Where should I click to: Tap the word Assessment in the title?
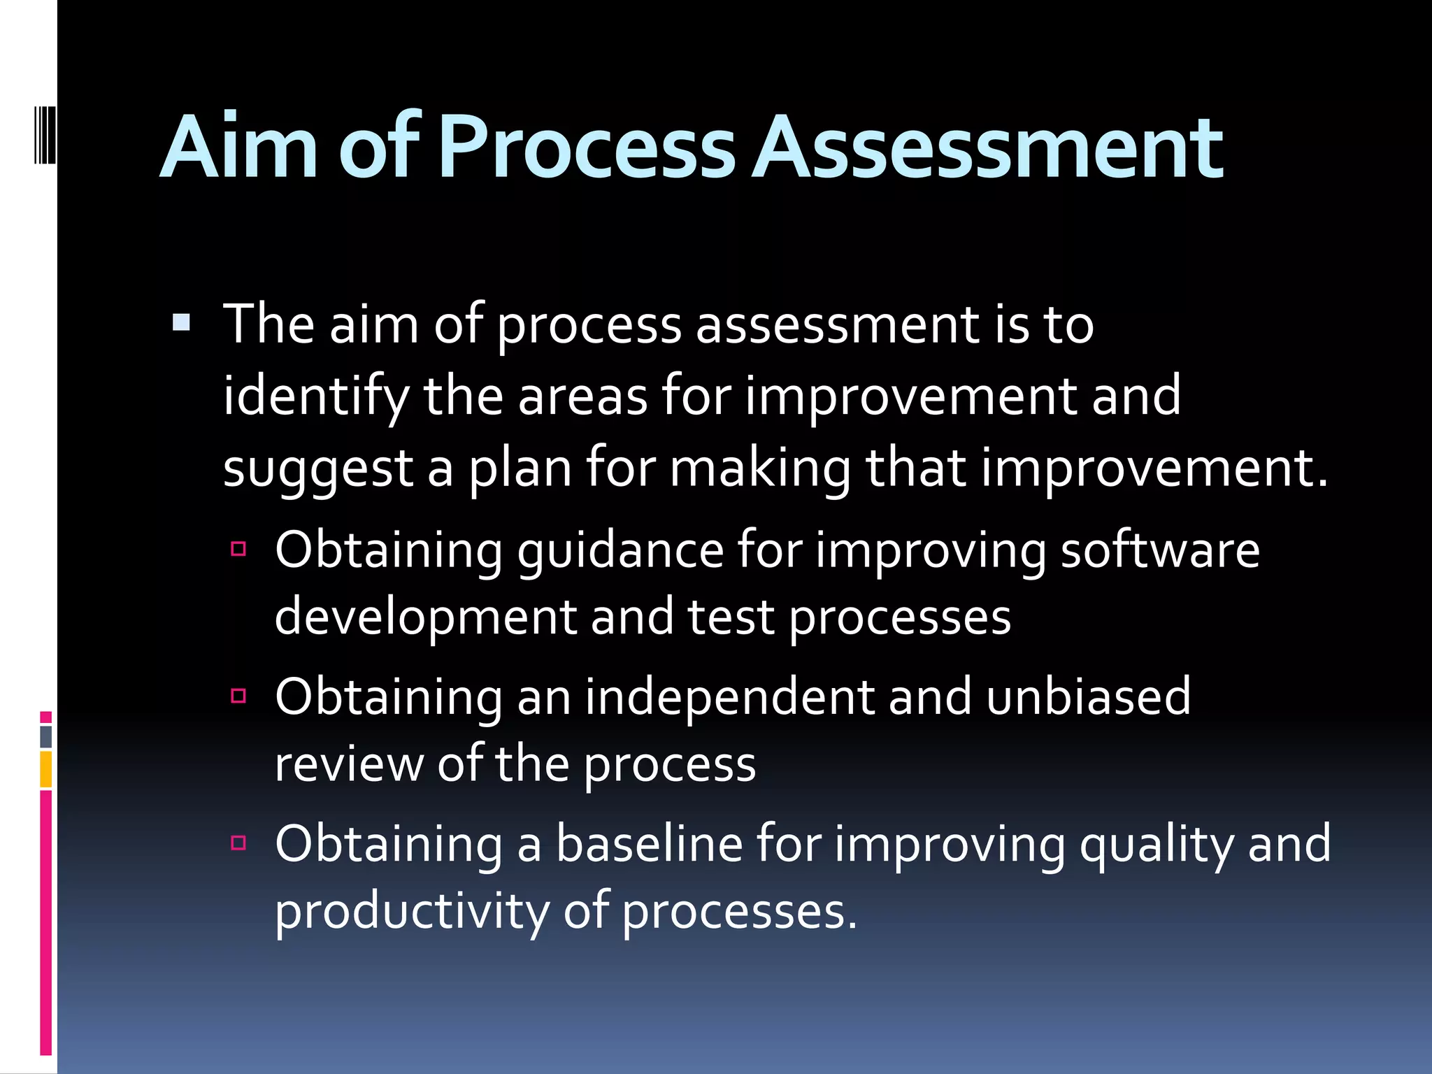coord(989,148)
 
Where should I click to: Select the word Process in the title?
coord(587,148)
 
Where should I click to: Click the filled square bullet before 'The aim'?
coord(181,322)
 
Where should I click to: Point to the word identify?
coord(315,397)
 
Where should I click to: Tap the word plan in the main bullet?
coord(520,468)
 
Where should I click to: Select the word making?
coord(760,468)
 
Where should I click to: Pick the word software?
coord(1160,550)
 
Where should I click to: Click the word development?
coord(426,618)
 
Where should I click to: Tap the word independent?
coord(729,697)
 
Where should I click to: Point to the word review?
coord(349,764)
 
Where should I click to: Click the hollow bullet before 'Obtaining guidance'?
coord(238,549)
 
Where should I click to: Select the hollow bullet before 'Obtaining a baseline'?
coord(238,843)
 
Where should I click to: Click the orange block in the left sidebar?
coord(46,769)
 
